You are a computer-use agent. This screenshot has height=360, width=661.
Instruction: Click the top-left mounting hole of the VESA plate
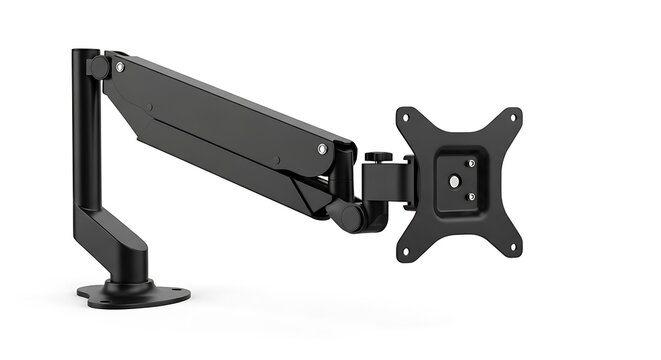tap(405, 118)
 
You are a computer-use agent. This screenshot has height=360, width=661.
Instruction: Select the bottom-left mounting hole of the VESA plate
tap(407, 248)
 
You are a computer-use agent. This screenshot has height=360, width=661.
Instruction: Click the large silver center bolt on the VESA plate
tap(455, 182)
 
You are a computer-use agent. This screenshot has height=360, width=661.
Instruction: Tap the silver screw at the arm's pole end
tap(120, 67)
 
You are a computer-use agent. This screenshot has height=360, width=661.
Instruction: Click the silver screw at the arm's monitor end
tap(322, 149)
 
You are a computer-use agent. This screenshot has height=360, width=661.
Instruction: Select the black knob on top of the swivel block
tap(379, 157)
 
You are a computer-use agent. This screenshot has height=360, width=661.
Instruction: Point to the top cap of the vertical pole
tap(86, 51)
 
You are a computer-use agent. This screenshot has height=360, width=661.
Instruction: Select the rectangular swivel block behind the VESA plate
tap(388, 184)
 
